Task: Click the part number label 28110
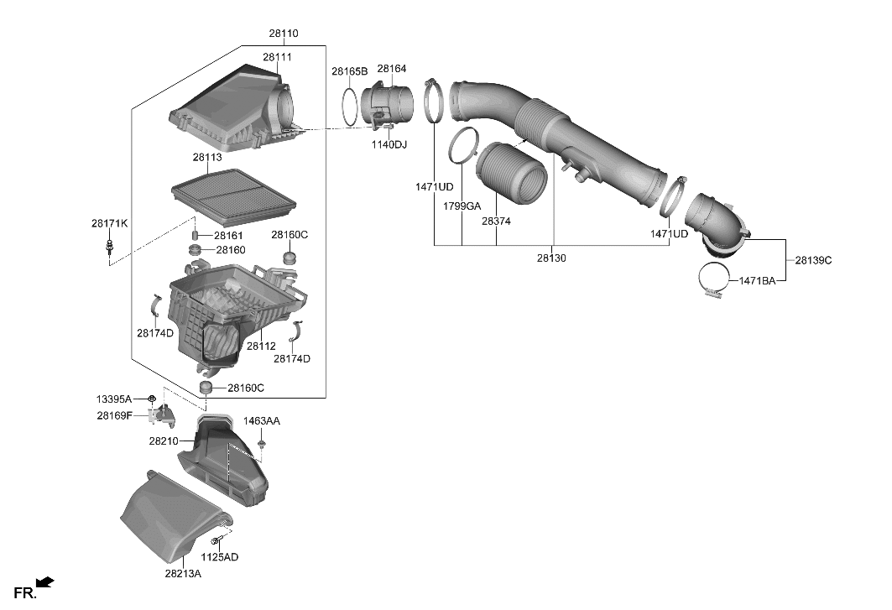point(283,34)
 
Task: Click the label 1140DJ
point(389,145)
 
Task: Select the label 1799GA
point(462,206)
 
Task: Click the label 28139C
point(813,260)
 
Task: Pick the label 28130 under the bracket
point(551,258)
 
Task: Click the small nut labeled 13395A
point(152,398)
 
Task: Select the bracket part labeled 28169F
point(162,414)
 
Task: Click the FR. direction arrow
point(45,581)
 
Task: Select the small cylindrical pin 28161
point(195,235)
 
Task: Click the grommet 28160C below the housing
point(204,388)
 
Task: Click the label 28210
point(164,441)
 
